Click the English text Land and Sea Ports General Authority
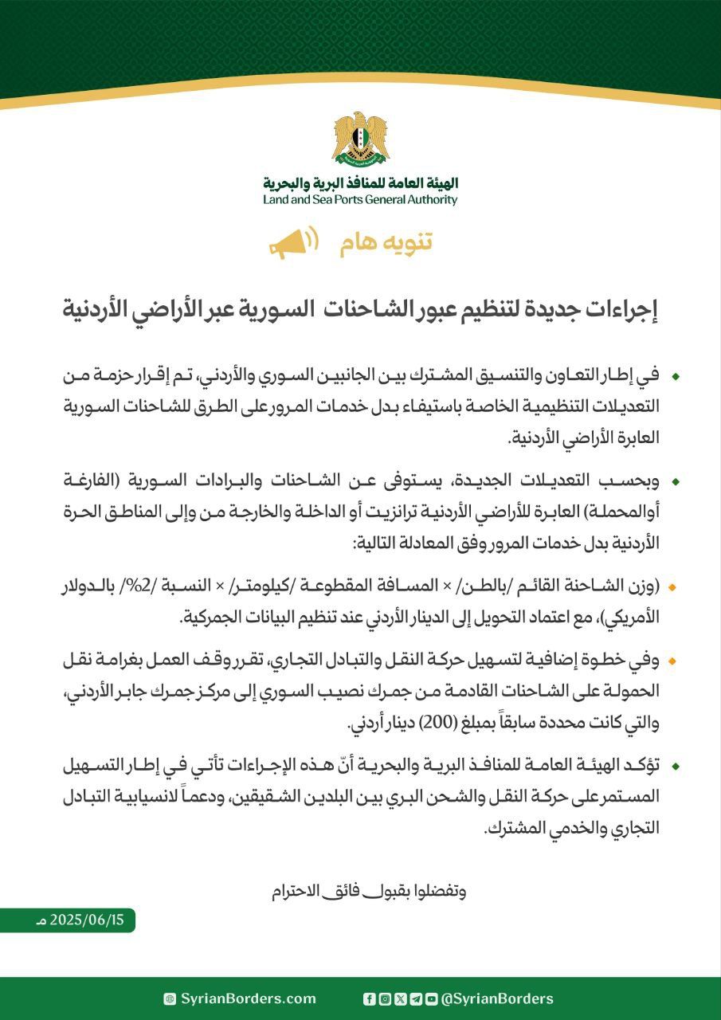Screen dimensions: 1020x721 (x=360, y=200)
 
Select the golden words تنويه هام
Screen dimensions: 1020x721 (x=386, y=243)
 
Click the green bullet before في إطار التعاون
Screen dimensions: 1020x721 (x=676, y=375)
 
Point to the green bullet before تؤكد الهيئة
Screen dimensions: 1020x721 (x=676, y=766)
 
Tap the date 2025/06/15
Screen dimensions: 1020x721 (x=87, y=920)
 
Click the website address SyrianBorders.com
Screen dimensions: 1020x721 (x=248, y=998)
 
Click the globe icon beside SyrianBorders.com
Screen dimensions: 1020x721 (x=170, y=998)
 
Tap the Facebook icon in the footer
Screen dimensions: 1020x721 (x=369, y=998)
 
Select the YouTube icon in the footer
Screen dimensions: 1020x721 (x=431, y=998)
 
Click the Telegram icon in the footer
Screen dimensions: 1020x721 (x=416, y=998)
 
